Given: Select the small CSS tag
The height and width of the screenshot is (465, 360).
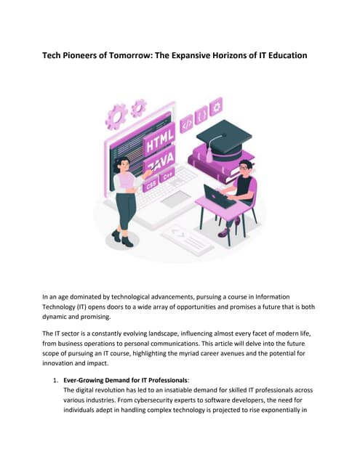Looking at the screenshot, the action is (x=151, y=185).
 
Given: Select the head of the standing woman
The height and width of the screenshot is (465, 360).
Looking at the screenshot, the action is (x=121, y=163).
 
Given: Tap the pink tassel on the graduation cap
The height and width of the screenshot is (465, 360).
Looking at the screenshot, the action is (x=209, y=154).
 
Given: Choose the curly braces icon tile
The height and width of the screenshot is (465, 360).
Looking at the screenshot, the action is (x=202, y=115).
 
